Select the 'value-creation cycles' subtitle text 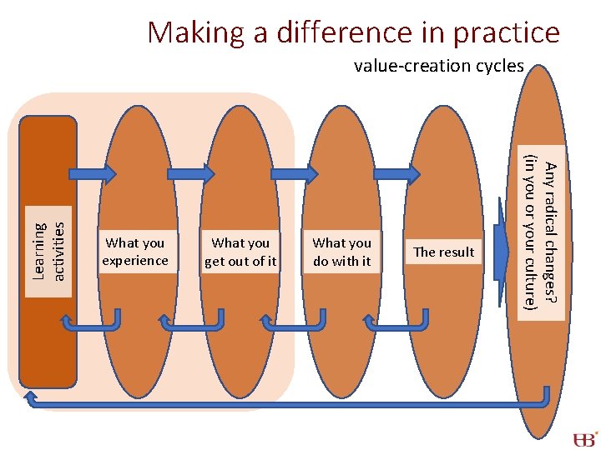(438, 66)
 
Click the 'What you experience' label (134, 252)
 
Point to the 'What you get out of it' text (240, 252)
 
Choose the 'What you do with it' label (341, 252)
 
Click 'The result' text (443, 252)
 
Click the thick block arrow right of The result (502, 252)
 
